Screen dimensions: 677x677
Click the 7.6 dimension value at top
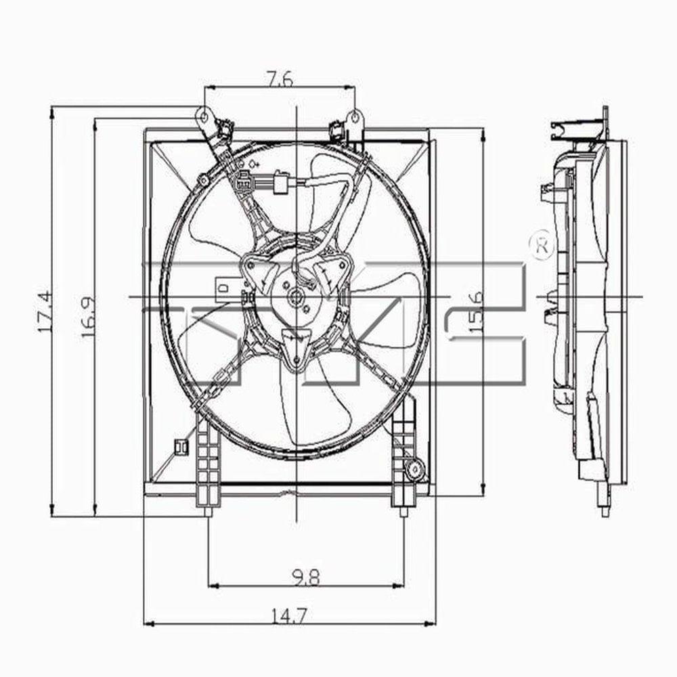(x=279, y=79)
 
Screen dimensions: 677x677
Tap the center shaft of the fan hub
(x=297, y=297)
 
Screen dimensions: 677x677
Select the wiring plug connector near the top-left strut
(x=244, y=181)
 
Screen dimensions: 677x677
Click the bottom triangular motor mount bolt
(x=296, y=353)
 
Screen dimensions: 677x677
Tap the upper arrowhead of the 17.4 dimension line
(x=51, y=112)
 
